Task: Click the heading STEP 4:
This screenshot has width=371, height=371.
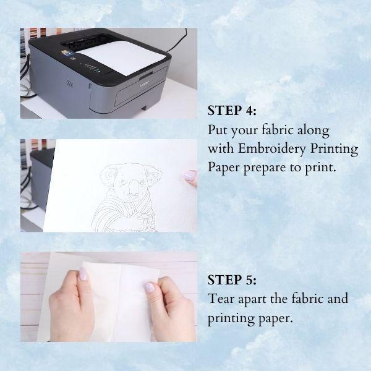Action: point(232,111)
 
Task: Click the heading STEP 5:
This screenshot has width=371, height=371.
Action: point(232,279)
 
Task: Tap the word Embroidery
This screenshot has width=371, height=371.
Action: point(271,150)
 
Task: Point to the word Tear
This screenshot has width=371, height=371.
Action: point(221,299)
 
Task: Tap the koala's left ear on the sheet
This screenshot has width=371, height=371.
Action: point(107,174)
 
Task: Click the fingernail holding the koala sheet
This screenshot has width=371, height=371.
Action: point(190,176)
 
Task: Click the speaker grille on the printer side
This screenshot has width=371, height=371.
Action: point(69,83)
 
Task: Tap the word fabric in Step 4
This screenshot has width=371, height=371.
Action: point(276,130)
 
